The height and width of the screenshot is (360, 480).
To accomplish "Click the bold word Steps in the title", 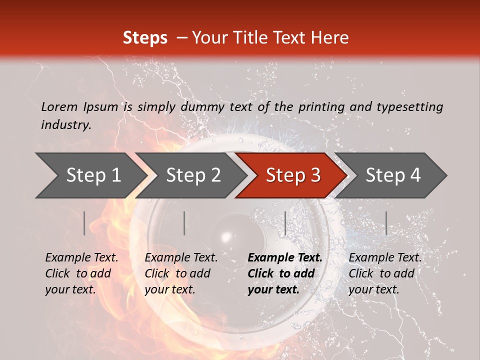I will (145, 38).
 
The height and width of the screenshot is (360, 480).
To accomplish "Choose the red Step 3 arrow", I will (293, 175).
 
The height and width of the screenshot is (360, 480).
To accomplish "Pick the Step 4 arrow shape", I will (393, 175).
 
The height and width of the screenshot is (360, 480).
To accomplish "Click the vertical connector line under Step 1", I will (84, 223).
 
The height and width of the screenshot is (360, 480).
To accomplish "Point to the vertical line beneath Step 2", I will (184, 223).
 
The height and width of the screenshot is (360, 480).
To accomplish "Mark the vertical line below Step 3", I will (285, 223).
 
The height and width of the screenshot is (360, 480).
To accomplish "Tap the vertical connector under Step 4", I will (386, 223).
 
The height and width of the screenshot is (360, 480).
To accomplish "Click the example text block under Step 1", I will (81, 273).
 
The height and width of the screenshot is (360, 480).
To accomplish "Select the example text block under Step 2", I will (181, 273).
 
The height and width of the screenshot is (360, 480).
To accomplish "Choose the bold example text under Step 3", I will (285, 273).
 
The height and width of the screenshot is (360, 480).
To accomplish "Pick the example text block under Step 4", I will (385, 273).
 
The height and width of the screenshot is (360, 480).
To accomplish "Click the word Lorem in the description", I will (59, 106).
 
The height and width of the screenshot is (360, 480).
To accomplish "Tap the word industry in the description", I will (66, 124).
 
